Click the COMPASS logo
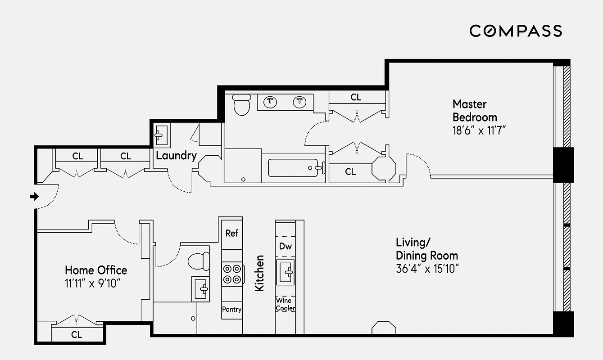click(x=516, y=31)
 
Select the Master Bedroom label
click(x=475, y=111)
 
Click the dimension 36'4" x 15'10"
click(x=427, y=269)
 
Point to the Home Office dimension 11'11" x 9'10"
click(x=93, y=283)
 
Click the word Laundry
click(x=176, y=156)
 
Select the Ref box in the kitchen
click(x=231, y=233)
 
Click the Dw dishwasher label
click(x=285, y=246)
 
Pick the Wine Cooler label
click(x=286, y=304)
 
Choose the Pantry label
click(x=231, y=309)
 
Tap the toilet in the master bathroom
click(x=242, y=104)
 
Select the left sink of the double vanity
click(x=270, y=102)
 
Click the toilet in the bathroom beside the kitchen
click(x=199, y=261)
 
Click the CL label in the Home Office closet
click(x=77, y=335)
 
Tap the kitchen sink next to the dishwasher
click(x=285, y=272)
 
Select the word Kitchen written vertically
click(x=259, y=273)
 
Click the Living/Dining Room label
click(x=426, y=249)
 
